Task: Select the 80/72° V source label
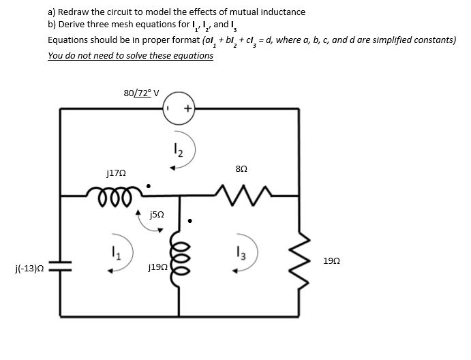pos(141,93)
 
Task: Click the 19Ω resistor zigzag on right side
pos(299,265)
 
